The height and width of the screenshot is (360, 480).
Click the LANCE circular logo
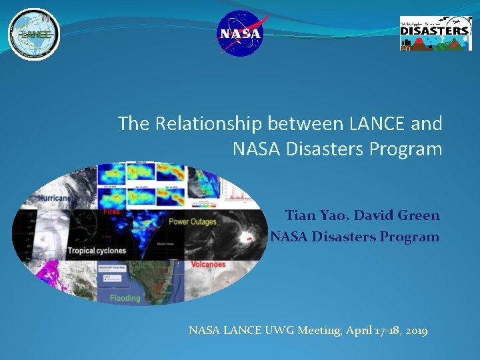[x=34, y=34]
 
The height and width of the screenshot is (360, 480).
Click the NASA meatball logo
[x=241, y=33]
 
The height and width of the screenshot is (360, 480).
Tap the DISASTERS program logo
[x=435, y=33]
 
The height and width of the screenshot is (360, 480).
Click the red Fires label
[x=112, y=212]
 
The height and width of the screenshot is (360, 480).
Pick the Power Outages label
[x=193, y=222]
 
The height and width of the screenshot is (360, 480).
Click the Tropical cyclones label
[x=96, y=251]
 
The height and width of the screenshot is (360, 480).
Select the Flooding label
[x=125, y=298]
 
